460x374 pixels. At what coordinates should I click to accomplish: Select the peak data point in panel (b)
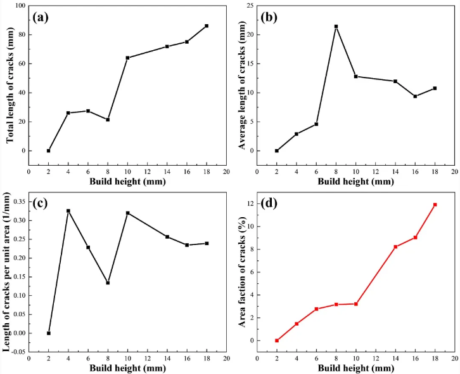(336, 27)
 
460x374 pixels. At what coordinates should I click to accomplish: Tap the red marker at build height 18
(435, 204)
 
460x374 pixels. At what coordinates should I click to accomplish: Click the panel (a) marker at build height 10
(127, 58)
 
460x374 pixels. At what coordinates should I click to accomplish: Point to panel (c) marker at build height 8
(108, 283)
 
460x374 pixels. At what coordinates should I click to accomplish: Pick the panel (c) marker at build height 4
(68, 211)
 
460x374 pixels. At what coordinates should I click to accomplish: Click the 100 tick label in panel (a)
(19, 6)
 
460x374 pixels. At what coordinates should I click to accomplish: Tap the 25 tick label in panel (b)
(250, 6)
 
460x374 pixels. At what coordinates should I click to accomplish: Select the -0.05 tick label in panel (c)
(16, 351)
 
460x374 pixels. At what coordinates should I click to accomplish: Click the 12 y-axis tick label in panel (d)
(250, 203)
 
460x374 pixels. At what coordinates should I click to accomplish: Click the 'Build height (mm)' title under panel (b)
(355, 182)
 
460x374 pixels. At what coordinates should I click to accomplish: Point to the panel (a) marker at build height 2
(48, 150)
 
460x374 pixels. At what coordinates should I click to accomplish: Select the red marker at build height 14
(395, 246)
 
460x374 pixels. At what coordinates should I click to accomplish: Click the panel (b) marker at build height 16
(415, 97)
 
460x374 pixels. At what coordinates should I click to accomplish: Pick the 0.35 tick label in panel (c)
(17, 201)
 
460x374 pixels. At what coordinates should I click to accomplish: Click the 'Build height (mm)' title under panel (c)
(127, 368)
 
